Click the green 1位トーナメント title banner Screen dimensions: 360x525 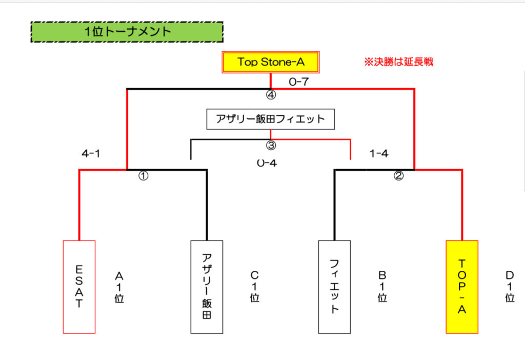pos(127,32)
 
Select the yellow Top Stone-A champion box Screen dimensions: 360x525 pos(271,63)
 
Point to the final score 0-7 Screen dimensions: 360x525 pos(298,81)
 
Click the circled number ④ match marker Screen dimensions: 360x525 pos(271,94)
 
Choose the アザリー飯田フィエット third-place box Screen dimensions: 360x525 pos(271,119)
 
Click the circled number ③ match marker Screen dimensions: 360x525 pos(271,145)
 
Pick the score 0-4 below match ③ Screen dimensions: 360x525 pos(267,163)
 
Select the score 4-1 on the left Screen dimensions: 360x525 pos(91,154)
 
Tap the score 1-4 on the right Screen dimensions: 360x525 pos(378,154)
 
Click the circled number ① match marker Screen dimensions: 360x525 pos(143,176)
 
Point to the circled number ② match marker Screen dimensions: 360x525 pos(398,176)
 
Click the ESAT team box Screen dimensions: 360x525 pos(79,287)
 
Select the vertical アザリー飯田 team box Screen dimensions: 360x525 pos(207,287)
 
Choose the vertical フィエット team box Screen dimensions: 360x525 pos(334,287)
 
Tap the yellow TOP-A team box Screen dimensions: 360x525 pos(462,287)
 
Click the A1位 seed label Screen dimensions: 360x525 pos(119,287)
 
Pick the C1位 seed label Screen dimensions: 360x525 pos(255,287)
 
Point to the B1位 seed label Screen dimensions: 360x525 pos(382,287)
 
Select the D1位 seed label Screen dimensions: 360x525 pos(510,287)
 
